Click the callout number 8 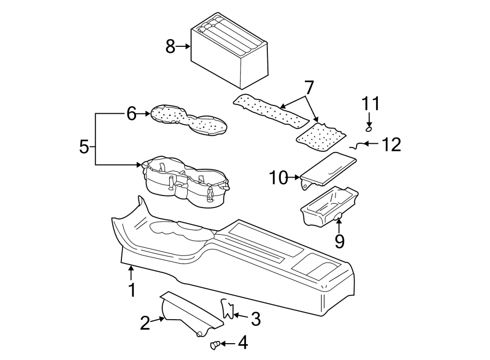pos(170,47)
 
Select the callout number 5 pos(84,147)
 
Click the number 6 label pos(131,114)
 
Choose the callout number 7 pos(309,87)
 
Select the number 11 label pos(370,103)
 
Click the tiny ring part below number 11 pos(369,129)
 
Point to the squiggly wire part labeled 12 pos(357,145)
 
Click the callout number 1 pos(131,290)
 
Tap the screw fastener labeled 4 pos(215,344)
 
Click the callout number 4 pos(242,343)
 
